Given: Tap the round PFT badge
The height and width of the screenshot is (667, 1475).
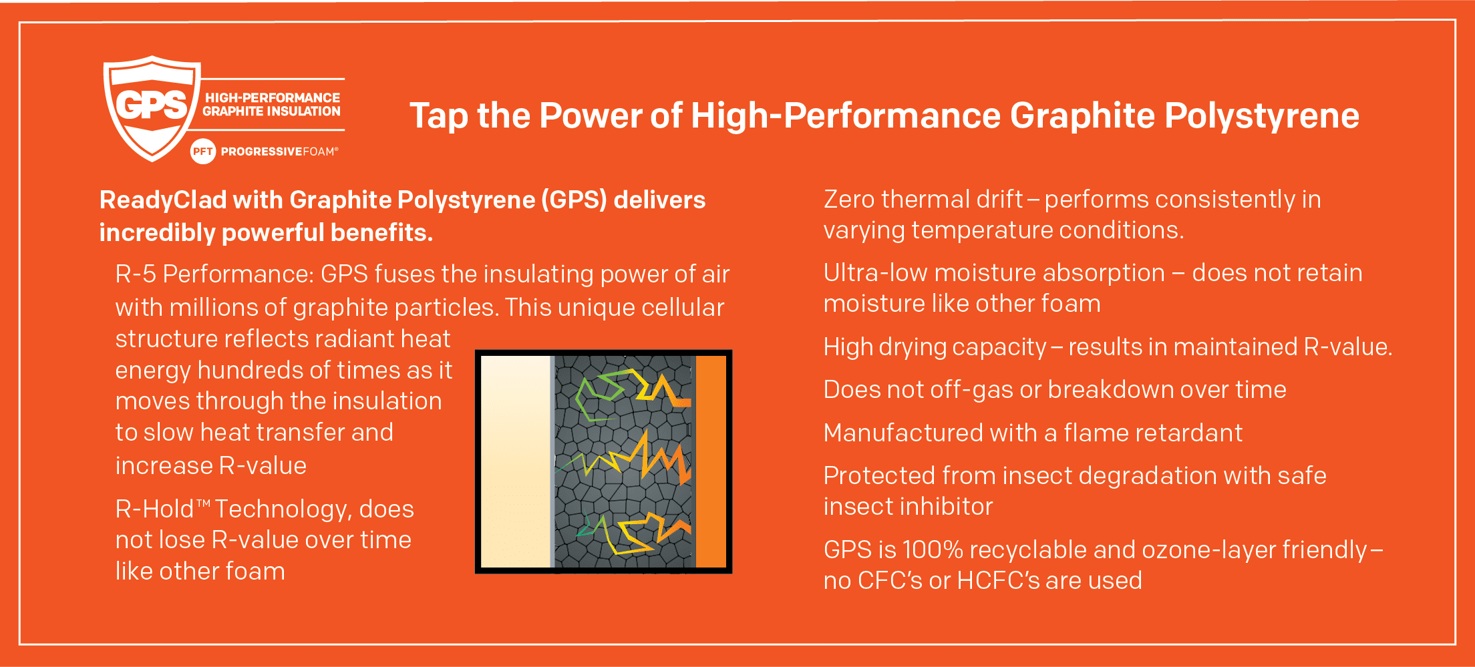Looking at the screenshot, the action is pyautogui.click(x=202, y=152).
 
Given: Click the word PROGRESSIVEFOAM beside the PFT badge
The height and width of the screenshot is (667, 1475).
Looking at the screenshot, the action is pyautogui.click(x=279, y=152).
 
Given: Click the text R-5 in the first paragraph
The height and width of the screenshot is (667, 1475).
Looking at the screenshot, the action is pyautogui.click(x=136, y=274).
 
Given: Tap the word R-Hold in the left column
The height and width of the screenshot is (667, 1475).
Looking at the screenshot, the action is pyautogui.click(x=155, y=509).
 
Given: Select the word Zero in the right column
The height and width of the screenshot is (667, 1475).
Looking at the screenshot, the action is pyautogui.click(x=848, y=199).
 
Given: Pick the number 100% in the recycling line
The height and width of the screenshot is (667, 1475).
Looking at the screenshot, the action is pyautogui.click(x=933, y=549).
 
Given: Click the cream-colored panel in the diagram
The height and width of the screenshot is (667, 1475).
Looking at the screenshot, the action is pyautogui.click(x=516, y=461).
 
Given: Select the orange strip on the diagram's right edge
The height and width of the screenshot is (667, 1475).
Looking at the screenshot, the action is pyautogui.click(x=711, y=461).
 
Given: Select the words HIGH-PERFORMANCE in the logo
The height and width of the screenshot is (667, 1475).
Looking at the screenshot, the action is pyautogui.click(x=273, y=97).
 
